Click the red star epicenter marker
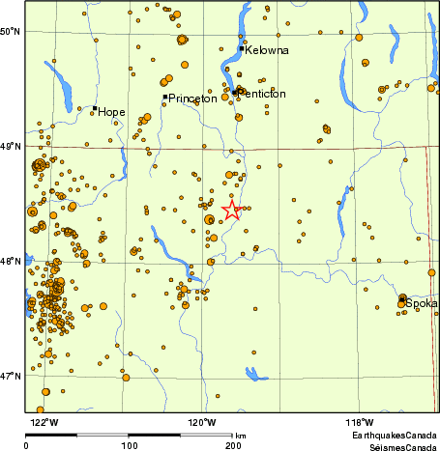tap(232, 210)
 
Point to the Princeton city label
tap(193, 99)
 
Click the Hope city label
tap(112, 112)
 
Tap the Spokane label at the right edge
tap(423, 303)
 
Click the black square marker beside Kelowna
tap(242, 48)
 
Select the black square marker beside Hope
tap(95, 108)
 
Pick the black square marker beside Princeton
tap(165, 97)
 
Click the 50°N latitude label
tap(12, 32)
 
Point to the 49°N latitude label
tap(12, 147)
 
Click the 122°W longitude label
tap(44, 422)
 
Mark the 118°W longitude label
tap(359, 422)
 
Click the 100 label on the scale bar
tap(129, 446)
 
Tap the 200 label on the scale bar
tap(233, 446)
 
